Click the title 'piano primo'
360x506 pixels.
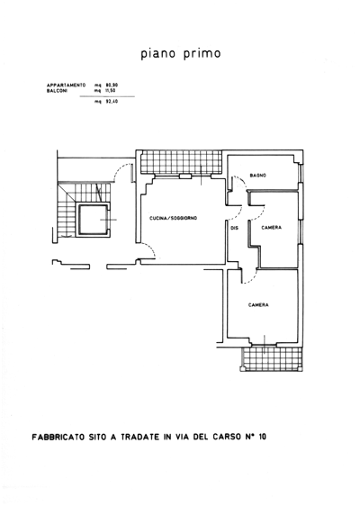click(181, 54)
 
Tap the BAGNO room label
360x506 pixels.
click(257, 176)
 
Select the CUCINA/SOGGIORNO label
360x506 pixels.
click(173, 219)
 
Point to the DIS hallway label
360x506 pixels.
click(235, 228)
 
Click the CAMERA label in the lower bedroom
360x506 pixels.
click(258, 305)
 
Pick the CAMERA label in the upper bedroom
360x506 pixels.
click(271, 228)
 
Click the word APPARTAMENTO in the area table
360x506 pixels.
click(66, 86)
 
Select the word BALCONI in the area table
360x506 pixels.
click(57, 91)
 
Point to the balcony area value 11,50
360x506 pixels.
click(112, 91)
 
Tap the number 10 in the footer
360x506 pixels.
click(262, 438)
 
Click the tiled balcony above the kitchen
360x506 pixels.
click(182, 162)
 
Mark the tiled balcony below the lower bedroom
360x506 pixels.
click(274, 358)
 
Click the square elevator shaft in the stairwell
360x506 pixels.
click(93, 220)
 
